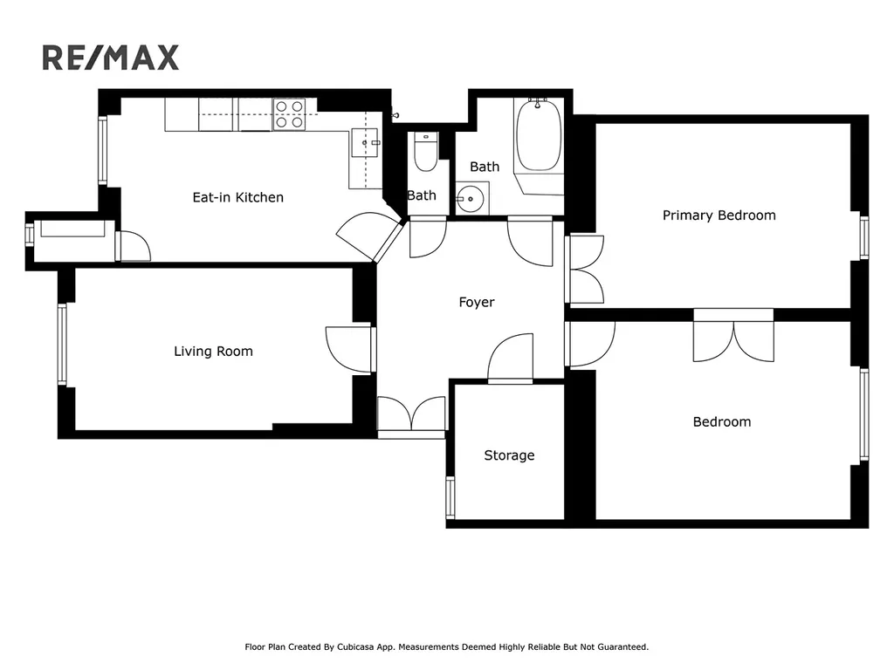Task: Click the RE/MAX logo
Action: coord(111,58)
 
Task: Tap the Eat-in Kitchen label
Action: coord(237,197)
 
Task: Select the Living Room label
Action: coord(213,351)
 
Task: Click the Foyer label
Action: coord(477,302)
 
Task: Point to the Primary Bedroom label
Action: coord(719,215)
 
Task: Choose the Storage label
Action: coord(509,455)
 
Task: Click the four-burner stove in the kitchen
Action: coord(289,114)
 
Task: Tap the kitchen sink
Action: coord(365,142)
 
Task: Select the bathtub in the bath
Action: coord(538,135)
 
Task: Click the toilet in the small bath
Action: coord(425,152)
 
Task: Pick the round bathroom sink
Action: coord(471,199)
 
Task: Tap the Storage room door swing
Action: coord(510,358)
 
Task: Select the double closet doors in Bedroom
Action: coord(733,341)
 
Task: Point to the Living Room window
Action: coord(62,344)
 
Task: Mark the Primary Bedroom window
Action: coord(864,237)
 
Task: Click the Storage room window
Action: coord(450,497)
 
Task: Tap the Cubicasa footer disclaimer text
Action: coord(446,646)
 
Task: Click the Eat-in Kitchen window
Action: coord(103,150)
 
